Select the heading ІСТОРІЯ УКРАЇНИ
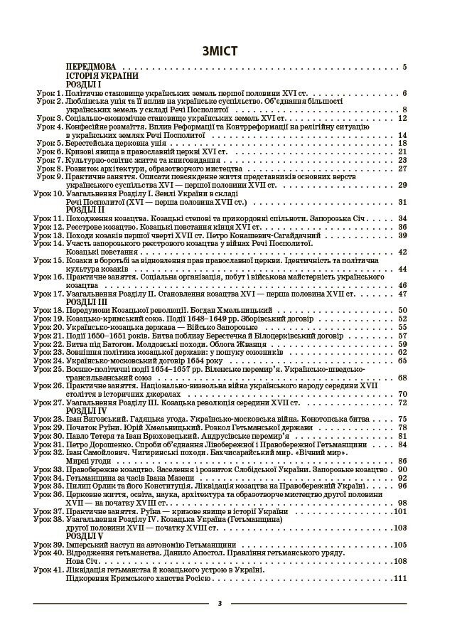coord(102,75)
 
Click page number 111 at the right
coord(399,578)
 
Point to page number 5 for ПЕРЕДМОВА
coord(404,68)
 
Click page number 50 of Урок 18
coord(402,310)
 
